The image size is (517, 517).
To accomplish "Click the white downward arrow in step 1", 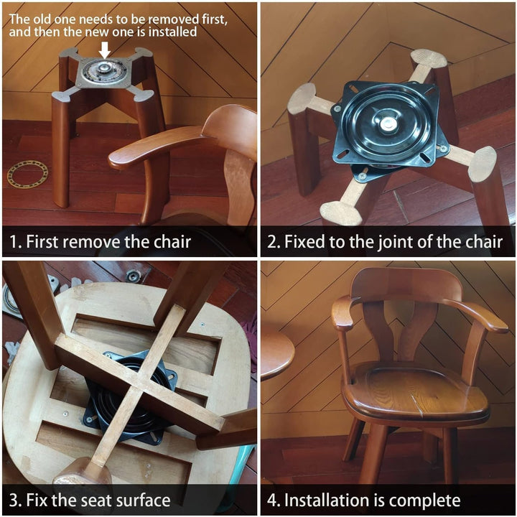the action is (105, 50).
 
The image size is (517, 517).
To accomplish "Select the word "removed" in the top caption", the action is (173, 19).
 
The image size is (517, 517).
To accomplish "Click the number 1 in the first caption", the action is (12, 242).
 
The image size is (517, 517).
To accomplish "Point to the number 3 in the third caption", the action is (13, 500).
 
